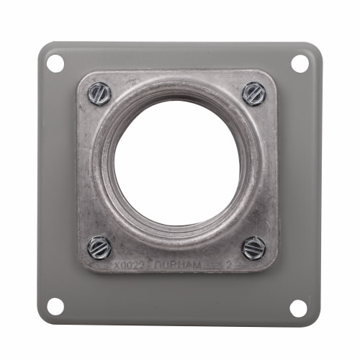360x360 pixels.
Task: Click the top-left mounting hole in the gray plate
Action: [55, 63]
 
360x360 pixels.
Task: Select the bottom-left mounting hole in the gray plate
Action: [55, 306]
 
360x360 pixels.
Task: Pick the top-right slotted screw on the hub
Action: [253, 92]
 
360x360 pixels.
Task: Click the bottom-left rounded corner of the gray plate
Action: [40, 321]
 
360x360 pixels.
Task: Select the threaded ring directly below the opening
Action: [177, 238]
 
